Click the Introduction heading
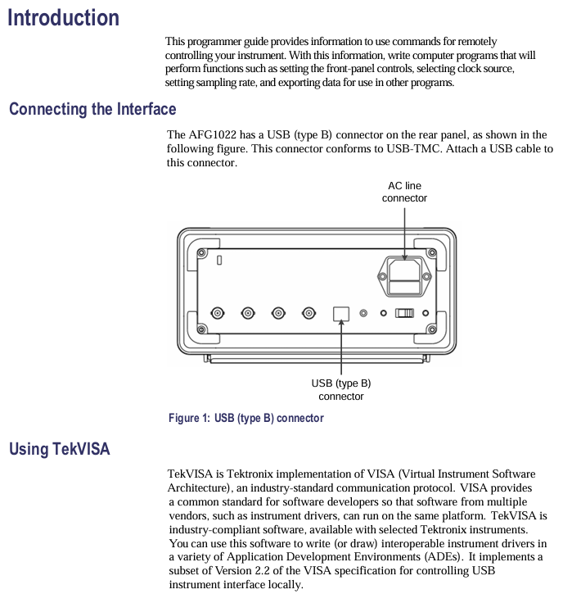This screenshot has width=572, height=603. (63, 17)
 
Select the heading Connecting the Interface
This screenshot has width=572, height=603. (92, 109)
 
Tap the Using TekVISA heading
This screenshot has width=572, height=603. (59, 449)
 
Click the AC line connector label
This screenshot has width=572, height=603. (404, 192)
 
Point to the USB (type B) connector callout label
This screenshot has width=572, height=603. (340, 389)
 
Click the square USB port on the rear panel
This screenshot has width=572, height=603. (341, 313)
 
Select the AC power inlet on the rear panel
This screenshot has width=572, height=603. (403, 275)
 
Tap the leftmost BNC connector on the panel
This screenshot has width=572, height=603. (218, 313)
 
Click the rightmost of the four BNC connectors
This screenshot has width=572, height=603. (309, 313)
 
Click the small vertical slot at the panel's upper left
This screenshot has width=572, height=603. (219, 260)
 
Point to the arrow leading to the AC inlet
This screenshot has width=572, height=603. (404, 233)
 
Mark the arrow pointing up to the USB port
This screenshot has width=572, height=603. (341, 348)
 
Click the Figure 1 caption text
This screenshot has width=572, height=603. (245, 418)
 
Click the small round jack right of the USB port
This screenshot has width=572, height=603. (364, 313)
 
